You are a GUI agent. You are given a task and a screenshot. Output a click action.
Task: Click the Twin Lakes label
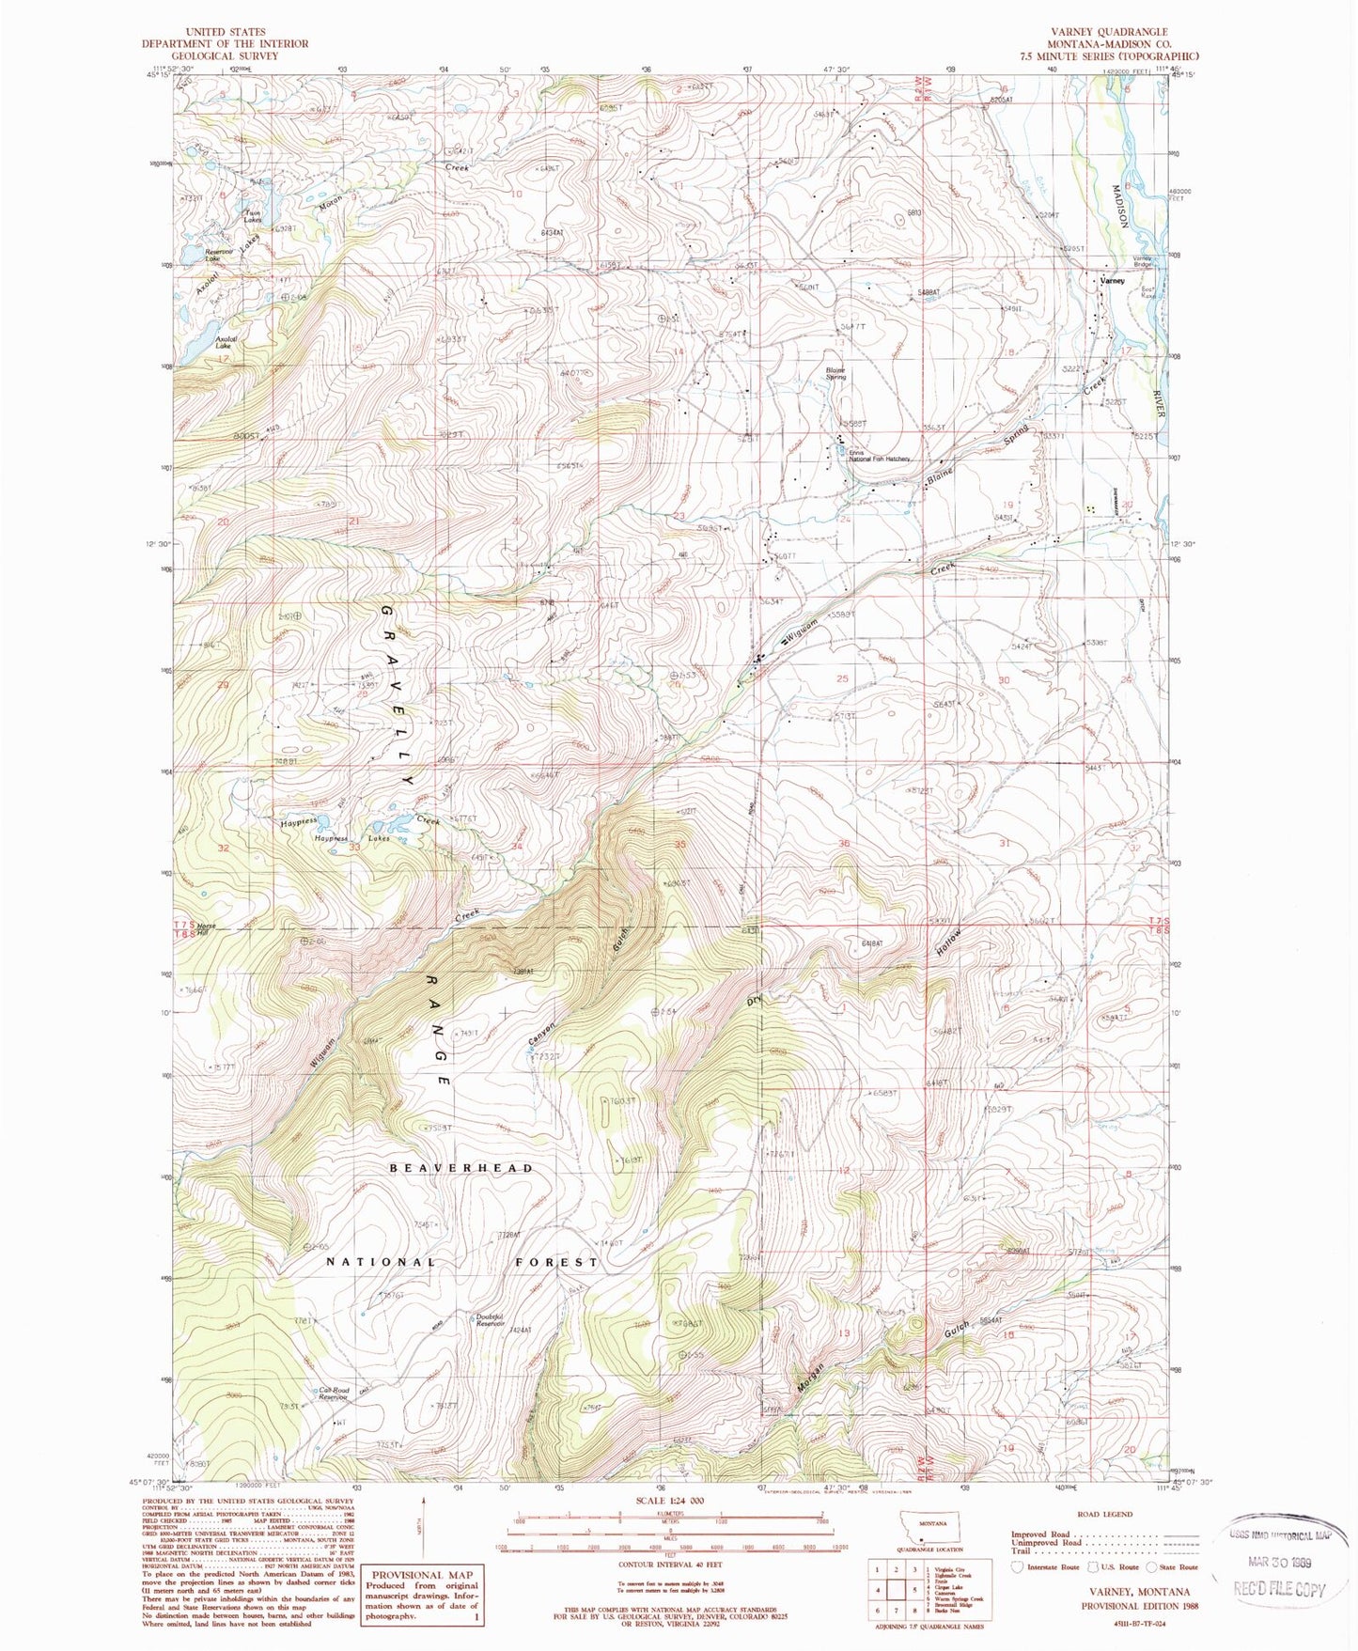[x=253, y=217]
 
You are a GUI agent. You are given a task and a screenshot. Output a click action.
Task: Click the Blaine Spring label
[x=835, y=373]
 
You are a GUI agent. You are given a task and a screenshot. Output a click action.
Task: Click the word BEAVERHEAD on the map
[x=461, y=1168]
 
